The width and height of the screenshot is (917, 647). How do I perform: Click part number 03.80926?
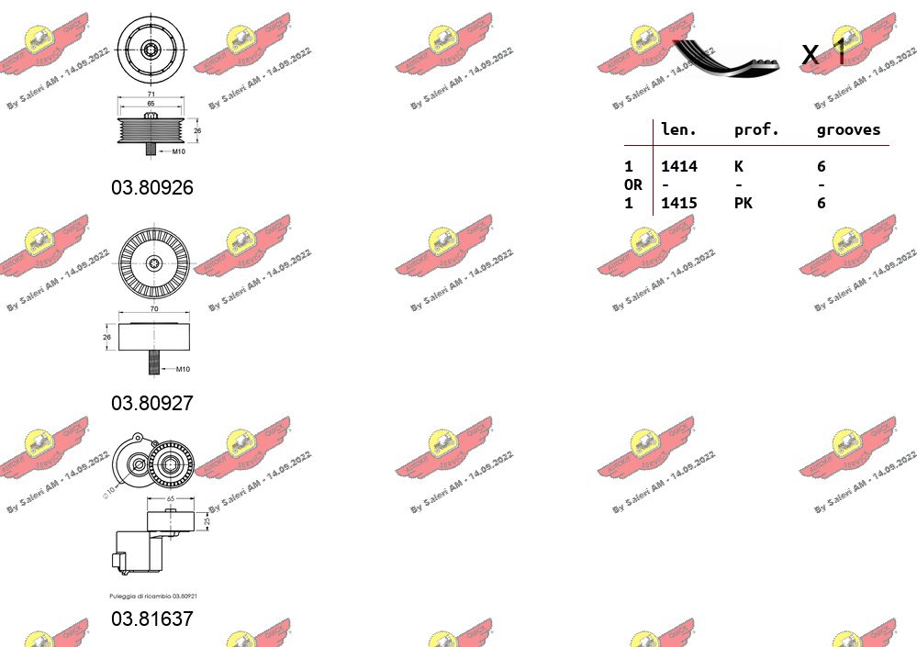coord(152,187)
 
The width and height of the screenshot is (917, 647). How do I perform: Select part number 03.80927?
coord(152,402)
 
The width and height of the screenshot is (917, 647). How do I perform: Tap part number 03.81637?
coord(152,619)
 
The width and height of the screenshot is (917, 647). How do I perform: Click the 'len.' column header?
coord(679,130)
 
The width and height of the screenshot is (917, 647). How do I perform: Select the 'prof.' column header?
coord(756,130)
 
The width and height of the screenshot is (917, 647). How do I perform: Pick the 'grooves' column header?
coord(848,130)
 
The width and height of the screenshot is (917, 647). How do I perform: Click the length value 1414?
coord(679,166)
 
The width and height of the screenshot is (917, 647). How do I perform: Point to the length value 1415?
coord(679,203)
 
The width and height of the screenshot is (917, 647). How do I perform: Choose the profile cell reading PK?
coord(743,203)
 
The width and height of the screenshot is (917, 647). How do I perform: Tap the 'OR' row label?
coord(632,184)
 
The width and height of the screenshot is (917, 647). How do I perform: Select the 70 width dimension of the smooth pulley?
coord(153,309)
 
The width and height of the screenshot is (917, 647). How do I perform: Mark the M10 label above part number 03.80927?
coord(182,369)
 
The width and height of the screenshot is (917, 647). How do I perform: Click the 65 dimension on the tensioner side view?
coord(170,499)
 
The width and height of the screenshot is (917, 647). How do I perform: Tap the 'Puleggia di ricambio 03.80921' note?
coord(153,596)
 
